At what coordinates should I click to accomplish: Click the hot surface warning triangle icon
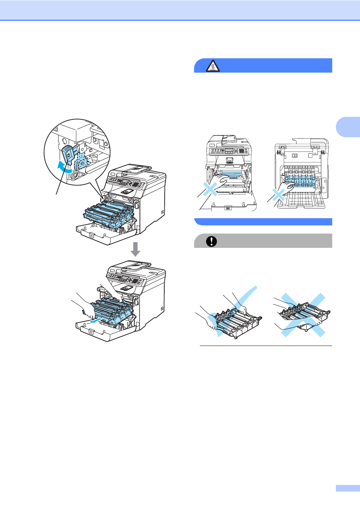(212, 66)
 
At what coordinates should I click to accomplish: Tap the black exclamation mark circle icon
(211, 241)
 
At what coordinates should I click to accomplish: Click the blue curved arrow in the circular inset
(64, 167)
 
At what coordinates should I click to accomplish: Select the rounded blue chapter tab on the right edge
(348, 126)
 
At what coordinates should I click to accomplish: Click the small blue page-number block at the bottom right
(347, 488)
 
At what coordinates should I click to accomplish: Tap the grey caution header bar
(263, 241)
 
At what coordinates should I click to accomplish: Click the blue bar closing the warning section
(263, 222)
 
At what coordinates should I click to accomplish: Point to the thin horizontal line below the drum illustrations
(266, 346)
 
